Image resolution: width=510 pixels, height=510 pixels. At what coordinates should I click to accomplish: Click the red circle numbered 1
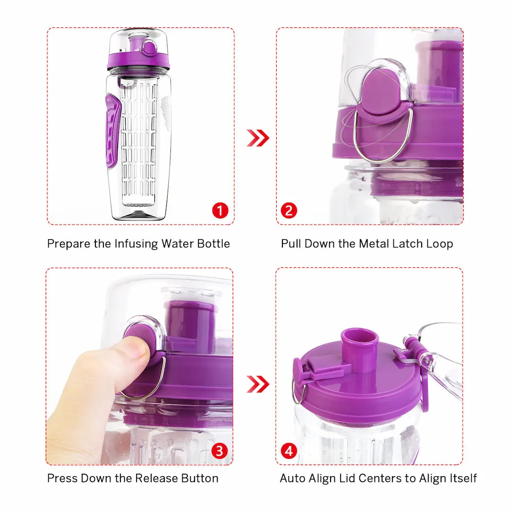pos(220,211)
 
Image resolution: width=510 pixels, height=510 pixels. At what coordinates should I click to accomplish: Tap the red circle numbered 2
pos(289,211)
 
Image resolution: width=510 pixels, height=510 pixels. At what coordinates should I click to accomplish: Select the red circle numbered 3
pos(219,451)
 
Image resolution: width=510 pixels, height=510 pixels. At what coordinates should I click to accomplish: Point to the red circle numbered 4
pos(289,451)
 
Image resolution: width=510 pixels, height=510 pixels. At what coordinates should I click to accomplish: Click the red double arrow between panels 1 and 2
pos(258,138)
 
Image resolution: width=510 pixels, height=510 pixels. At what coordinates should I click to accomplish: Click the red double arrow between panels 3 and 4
pos(258,384)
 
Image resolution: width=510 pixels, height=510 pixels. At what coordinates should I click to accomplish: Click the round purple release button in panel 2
pos(382,90)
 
